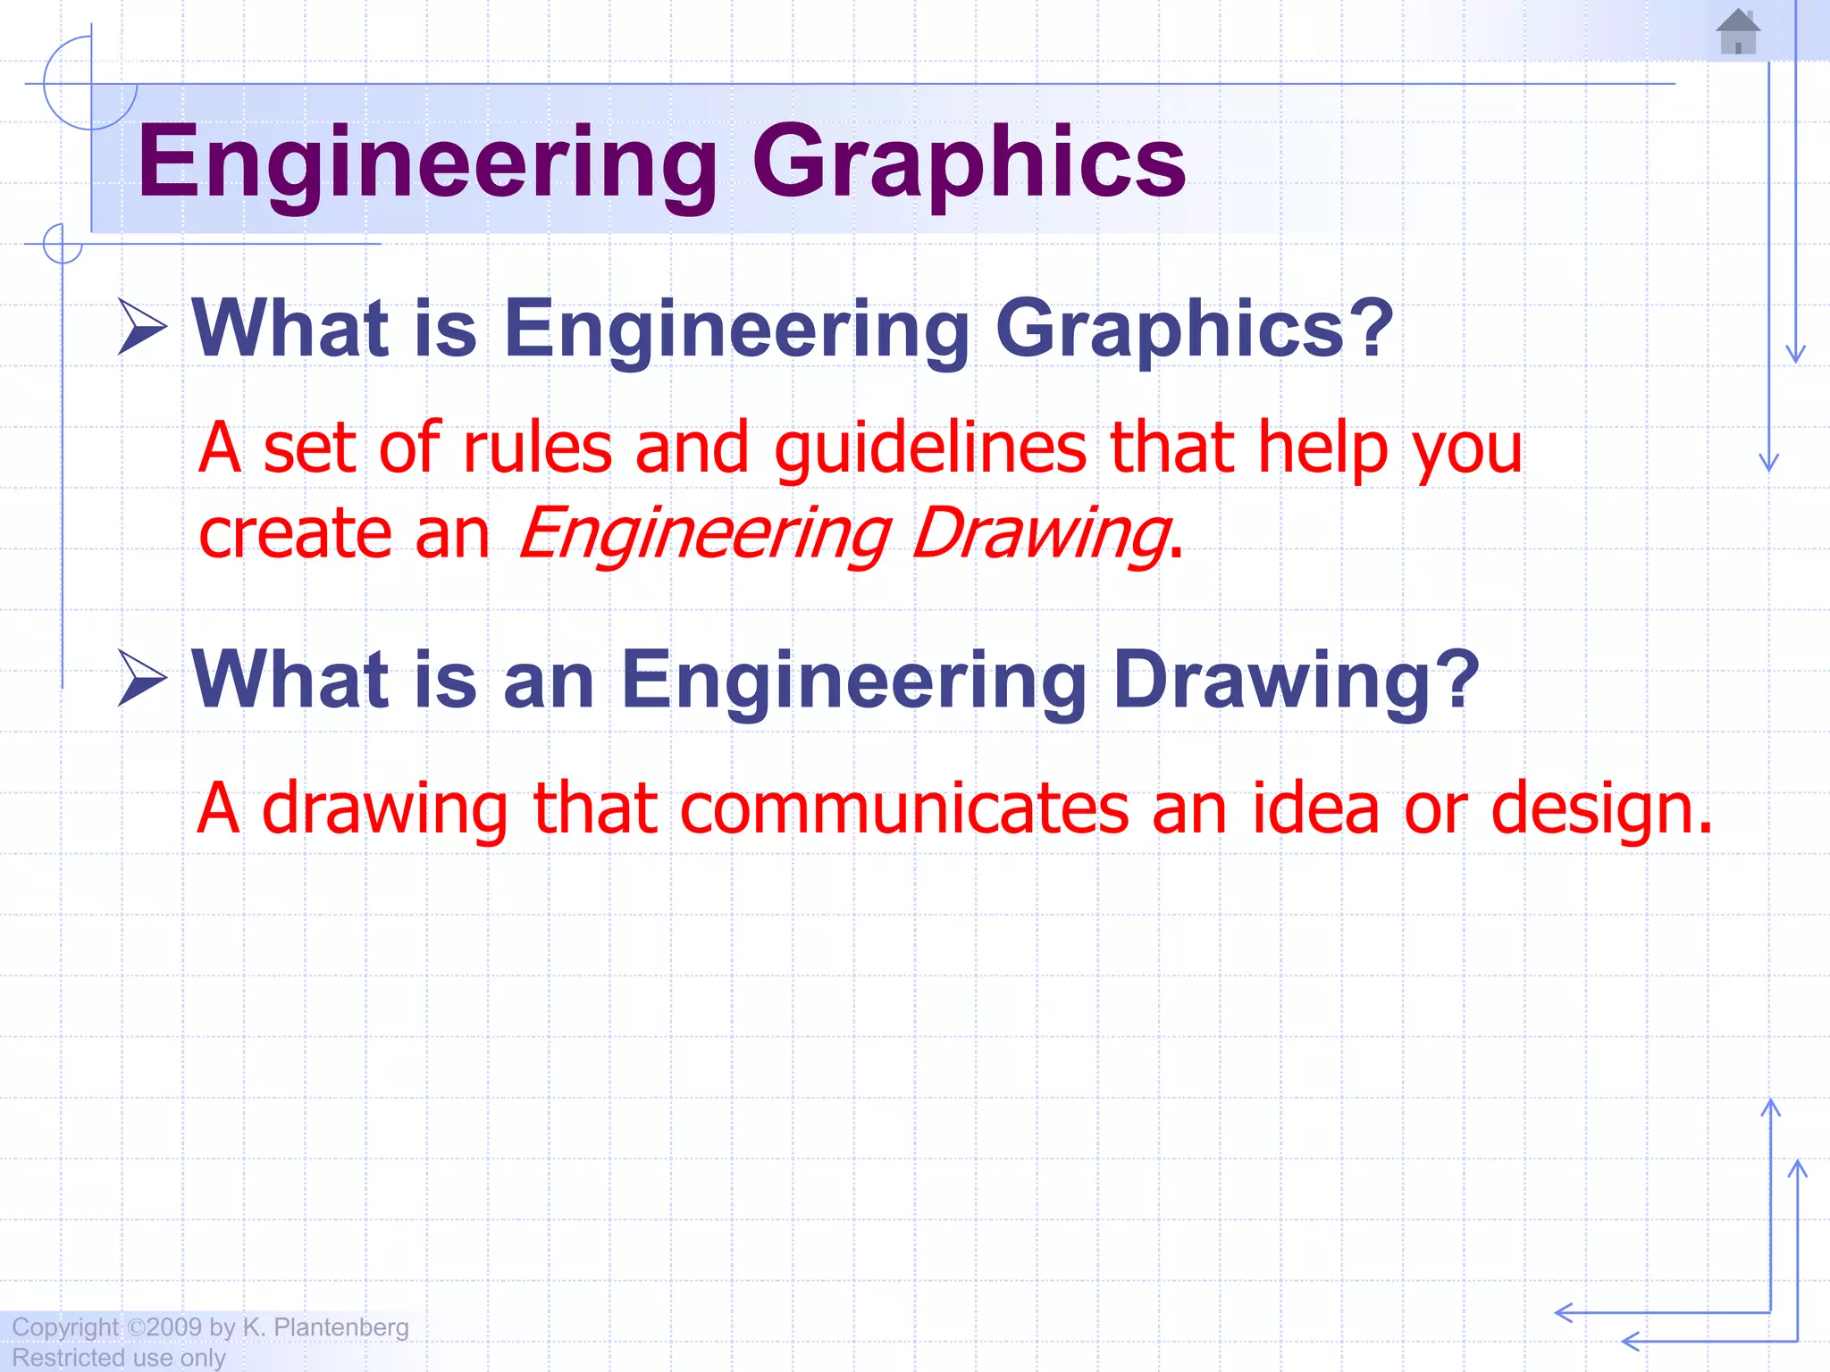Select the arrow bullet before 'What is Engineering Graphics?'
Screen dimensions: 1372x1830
[x=143, y=327]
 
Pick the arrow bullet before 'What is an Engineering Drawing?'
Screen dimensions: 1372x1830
[x=143, y=679]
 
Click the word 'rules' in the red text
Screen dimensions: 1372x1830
[x=537, y=448]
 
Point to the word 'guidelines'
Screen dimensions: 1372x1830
[x=930, y=448]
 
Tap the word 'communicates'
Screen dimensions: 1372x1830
[x=904, y=808]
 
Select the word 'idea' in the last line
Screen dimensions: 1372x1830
[x=1315, y=808]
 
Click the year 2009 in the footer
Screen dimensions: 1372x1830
[x=174, y=1327]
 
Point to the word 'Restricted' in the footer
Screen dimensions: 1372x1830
[x=68, y=1358]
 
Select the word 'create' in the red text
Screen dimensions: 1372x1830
[x=295, y=534]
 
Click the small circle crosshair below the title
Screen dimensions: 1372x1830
[x=63, y=244]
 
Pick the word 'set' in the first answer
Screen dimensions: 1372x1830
[x=309, y=448]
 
